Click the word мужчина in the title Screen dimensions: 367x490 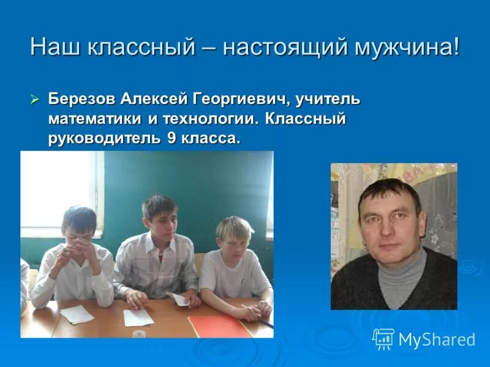(407, 48)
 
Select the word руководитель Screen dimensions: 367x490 (104, 139)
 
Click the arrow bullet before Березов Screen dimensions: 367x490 (36, 98)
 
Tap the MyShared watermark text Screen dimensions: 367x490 (437, 340)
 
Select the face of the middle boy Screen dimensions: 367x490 (159, 220)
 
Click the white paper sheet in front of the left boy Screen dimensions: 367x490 (77, 314)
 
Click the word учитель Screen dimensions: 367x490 (331, 98)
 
